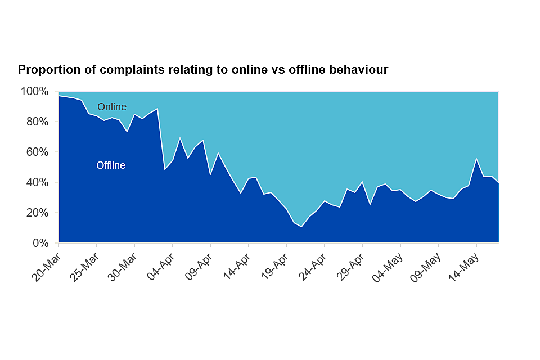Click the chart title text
point(203,70)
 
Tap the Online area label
point(112,107)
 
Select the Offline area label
point(111,165)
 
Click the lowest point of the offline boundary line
point(301,227)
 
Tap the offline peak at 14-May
point(476,159)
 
